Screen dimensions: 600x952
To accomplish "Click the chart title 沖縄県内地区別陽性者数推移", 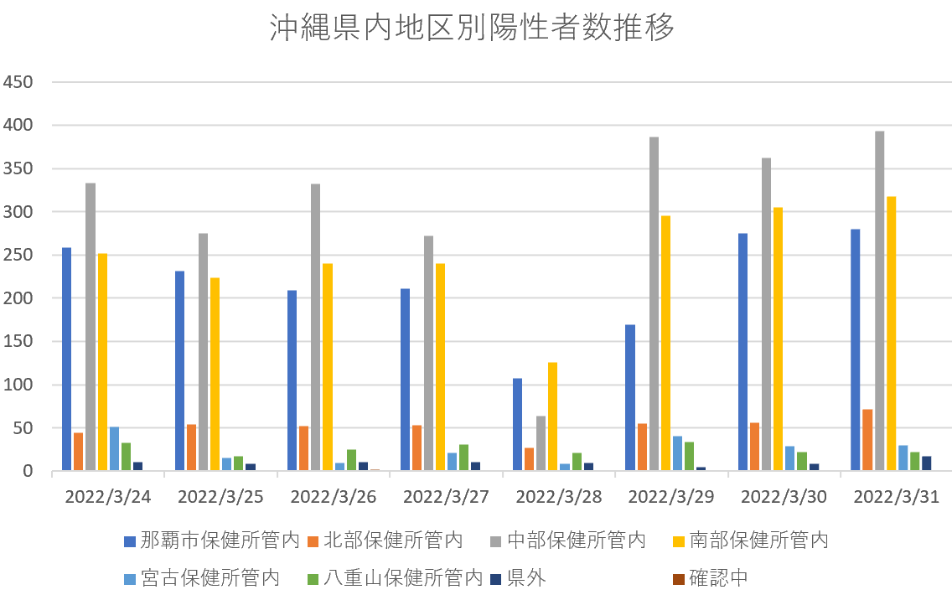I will click(472, 28).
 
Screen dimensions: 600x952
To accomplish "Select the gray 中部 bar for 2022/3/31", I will click(879, 302).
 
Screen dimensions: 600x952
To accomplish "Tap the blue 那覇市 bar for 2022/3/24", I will click(66, 359).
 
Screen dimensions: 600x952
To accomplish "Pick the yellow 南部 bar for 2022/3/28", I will click(553, 416).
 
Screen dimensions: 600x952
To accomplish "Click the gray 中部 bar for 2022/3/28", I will click(541, 443).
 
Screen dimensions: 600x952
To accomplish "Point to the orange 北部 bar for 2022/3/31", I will click(867, 440).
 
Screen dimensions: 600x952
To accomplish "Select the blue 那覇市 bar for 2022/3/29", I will click(630, 398).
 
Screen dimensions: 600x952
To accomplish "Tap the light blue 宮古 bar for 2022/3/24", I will click(114, 449).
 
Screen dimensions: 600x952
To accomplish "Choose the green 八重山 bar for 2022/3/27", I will click(463, 458).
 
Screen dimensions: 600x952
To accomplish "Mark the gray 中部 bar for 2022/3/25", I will click(203, 352).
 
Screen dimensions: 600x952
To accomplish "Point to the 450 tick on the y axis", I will click(18, 82).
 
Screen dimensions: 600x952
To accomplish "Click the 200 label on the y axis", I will click(18, 298).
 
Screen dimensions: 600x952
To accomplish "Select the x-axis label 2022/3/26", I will click(333, 497).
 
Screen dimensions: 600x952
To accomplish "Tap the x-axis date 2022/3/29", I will click(671, 497).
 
